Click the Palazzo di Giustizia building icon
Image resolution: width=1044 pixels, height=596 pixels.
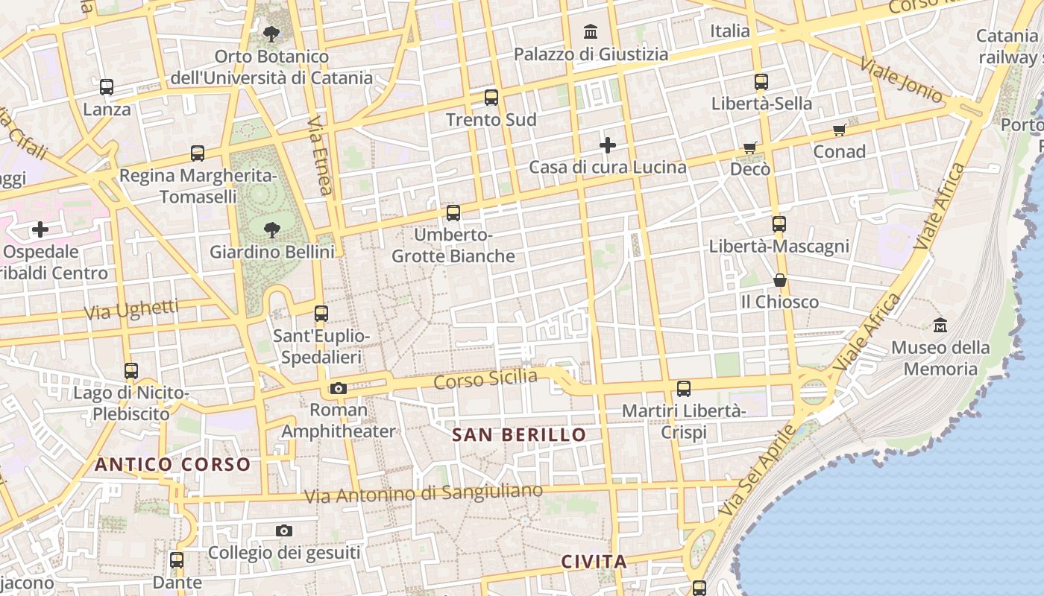[591, 31]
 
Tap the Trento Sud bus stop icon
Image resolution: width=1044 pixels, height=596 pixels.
[491, 97]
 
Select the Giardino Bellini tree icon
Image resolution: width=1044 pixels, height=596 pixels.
[271, 229]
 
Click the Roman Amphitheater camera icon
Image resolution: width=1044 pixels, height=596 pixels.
[339, 388]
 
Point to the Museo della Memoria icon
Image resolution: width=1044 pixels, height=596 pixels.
[940, 326]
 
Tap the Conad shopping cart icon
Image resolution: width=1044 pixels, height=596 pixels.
[840, 130]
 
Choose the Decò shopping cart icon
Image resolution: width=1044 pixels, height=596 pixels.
[750, 148]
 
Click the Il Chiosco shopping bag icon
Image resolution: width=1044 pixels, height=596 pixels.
[779, 280]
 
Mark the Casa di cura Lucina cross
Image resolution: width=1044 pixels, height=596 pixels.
[608, 145]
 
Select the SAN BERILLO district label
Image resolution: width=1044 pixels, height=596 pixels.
[520, 435]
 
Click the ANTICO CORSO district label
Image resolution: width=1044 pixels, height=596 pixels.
[172, 465]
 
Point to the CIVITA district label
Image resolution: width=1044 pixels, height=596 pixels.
[594, 562]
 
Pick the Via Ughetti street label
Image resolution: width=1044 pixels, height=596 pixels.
[131, 310]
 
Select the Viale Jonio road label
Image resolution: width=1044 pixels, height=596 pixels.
[901, 79]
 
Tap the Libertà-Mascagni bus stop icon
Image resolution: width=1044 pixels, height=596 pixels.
[779, 223]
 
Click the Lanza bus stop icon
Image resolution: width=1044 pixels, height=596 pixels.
[107, 87]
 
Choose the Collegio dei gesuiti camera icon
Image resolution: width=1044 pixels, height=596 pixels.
[283, 530]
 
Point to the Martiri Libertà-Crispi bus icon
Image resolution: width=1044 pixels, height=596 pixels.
[684, 388]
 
